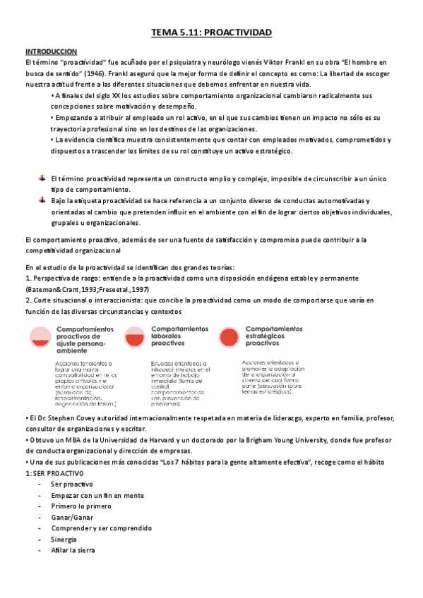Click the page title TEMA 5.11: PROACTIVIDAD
[212, 33]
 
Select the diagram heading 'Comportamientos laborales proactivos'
[179, 336]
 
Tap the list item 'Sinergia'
[64, 539]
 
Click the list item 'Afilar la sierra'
[73, 550]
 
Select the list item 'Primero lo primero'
[80, 506]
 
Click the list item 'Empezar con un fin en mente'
[94, 495]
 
